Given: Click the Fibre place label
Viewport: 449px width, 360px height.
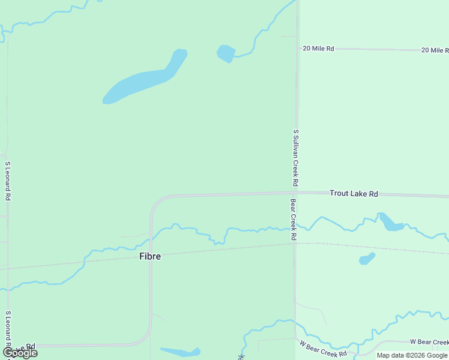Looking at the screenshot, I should (x=150, y=256).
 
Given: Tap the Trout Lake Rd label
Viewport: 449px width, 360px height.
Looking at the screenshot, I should (x=354, y=194).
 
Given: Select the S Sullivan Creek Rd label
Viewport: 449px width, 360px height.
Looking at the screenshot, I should (x=295, y=157).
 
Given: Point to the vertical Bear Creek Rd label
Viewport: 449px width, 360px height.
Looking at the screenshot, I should (x=294, y=220).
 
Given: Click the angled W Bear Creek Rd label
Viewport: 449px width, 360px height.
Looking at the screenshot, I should (x=323, y=349).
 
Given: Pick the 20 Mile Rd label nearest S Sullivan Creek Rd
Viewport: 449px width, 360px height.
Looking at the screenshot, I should (x=318, y=49).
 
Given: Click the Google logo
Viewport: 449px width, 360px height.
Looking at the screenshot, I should (x=20, y=352).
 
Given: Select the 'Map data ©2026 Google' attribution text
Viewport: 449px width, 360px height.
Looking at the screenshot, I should (x=412, y=355).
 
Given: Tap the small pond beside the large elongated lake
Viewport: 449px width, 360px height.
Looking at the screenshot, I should (x=226, y=53).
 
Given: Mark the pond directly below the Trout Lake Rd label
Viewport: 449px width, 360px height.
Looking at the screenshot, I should (x=391, y=223).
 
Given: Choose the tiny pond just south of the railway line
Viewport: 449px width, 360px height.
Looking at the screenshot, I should (x=366, y=259).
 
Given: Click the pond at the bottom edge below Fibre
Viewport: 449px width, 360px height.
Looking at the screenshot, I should (x=180, y=352).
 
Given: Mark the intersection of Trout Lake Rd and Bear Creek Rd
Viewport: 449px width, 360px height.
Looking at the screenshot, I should (x=295, y=193).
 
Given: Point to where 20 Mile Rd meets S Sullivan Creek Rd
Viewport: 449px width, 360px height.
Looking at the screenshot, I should (x=297, y=49).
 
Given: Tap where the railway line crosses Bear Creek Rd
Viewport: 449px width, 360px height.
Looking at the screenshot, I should (x=295, y=243).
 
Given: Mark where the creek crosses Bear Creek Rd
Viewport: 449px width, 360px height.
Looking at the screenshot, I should (x=295, y=227).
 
